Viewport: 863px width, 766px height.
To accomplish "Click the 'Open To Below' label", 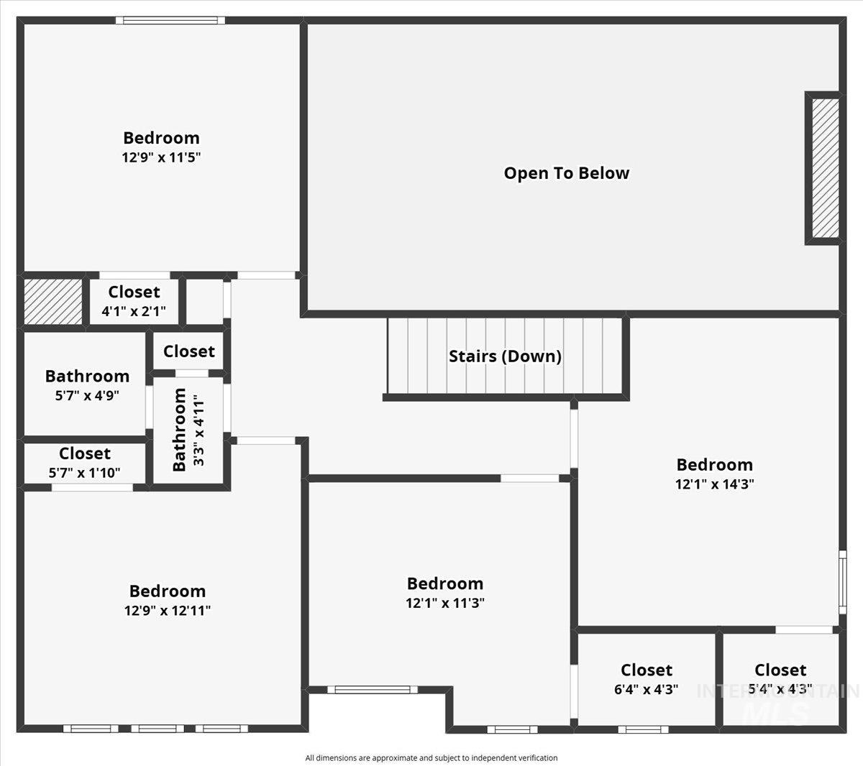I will point(566,173).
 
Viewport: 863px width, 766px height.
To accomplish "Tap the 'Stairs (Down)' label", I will point(505,356).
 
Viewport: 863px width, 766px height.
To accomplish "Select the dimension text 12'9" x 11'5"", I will point(161,157).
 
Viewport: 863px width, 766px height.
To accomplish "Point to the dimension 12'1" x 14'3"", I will point(714,484).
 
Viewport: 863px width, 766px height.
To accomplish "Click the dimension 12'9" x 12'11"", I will point(168,610).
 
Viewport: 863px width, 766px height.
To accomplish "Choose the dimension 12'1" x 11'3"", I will point(445,603).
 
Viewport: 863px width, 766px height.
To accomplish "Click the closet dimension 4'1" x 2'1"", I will point(134,311).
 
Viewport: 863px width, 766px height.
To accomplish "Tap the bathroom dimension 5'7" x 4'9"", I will point(87,394).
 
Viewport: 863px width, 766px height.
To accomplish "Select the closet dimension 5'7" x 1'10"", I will point(85,472).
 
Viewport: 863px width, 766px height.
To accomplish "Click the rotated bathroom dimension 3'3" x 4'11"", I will point(198,430).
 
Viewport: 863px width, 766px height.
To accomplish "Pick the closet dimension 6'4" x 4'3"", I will point(647,689).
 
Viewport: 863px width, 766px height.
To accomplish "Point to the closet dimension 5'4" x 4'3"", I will point(780,689).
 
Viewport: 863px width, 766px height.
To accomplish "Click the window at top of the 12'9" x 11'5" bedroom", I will point(170,20).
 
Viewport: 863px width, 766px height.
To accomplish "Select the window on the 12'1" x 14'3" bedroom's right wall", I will point(842,582).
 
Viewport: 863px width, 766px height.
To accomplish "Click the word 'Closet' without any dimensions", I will point(189,351).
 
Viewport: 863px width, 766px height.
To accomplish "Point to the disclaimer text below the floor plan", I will point(431,757).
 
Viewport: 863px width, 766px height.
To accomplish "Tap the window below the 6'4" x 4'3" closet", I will point(644,729).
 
